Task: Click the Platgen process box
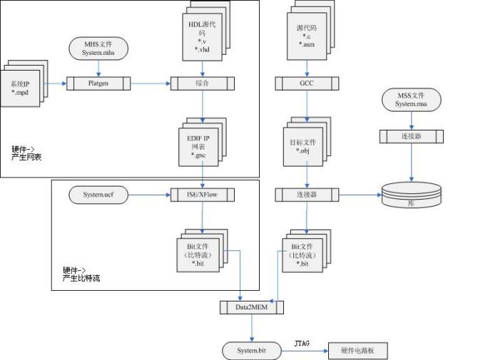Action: [x=99, y=83]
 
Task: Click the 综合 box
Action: [x=203, y=83]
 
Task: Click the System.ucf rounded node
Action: [x=99, y=194]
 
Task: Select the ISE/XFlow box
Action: [x=203, y=194]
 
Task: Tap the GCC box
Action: [x=306, y=83]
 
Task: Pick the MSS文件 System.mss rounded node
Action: [x=410, y=100]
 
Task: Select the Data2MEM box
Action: [x=252, y=307]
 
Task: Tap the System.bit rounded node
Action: [x=252, y=351]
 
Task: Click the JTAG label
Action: [x=301, y=343]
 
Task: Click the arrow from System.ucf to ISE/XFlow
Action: [x=148, y=194]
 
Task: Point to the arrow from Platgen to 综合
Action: [x=151, y=83]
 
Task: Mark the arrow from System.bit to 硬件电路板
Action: [x=304, y=351]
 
